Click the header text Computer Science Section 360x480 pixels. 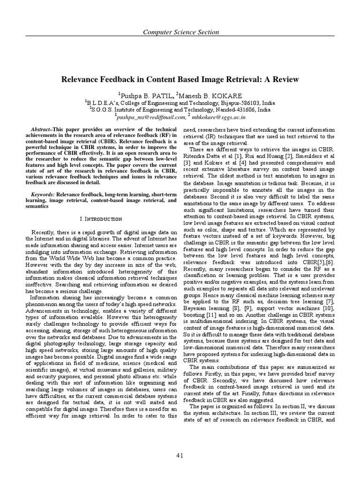(x=180, y=32)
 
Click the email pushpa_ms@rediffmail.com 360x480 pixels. (x=150, y=117)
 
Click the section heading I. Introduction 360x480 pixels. (x=101, y=219)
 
